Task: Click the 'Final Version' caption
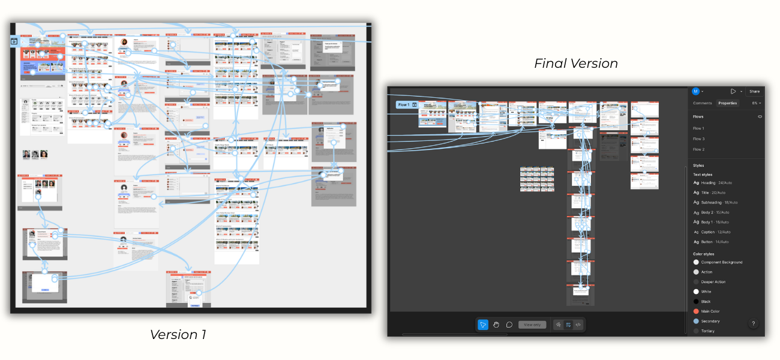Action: pyautogui.click(x=575, y=64)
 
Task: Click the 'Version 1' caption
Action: pyautogui.click(x=178, y=335)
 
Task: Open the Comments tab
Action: pyautogui.click(x=703, y=103)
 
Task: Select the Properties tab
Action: pyautogui.click(x=727, y=103)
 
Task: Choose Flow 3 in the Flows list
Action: pyautogui.click(x=698, y=139)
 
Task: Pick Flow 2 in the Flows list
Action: pyautogui.click(x=698, y=149)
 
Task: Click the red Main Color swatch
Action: pyautogui.click(x=696, y=311)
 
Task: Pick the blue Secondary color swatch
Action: pyautogui.click(x=696, y=321)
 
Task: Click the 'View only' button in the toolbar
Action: pyautogui.click(x=532, y=325)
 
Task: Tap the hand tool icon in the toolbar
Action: pyautogui.click(x=496, y=325)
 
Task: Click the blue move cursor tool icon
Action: pyautogui.click(x=483, y=325)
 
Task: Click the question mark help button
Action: pyautogui.click(x=754, y=323)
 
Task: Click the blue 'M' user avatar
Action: pyautogui.click(x=695, y=91)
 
